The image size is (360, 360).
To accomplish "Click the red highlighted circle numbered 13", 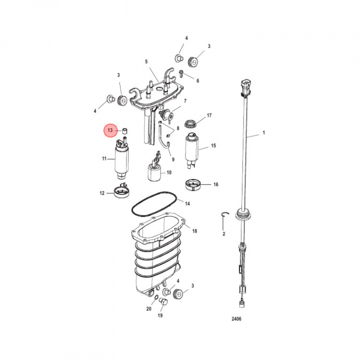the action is pyautogui.click(x=110, y=130).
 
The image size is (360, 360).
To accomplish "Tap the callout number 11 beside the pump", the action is pyautogui.click(x=104, y=158).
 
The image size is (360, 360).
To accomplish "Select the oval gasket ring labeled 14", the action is pyautogui.click(x=154, y=204).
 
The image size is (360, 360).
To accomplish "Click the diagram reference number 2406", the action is pyautogui.click(x=236, y=318).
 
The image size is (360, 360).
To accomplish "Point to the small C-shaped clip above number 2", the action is pyautogui.click(x=225, y=214).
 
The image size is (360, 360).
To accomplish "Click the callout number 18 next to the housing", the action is pyautogui.click(x=194, y=231).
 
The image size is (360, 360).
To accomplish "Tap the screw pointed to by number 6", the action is pyautogui.click(x=181, y=73).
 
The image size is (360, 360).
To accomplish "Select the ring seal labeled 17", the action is pyautogui.click(x=190, y=124).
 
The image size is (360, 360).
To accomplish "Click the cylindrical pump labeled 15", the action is pyautogui.click(x=192, y=150).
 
